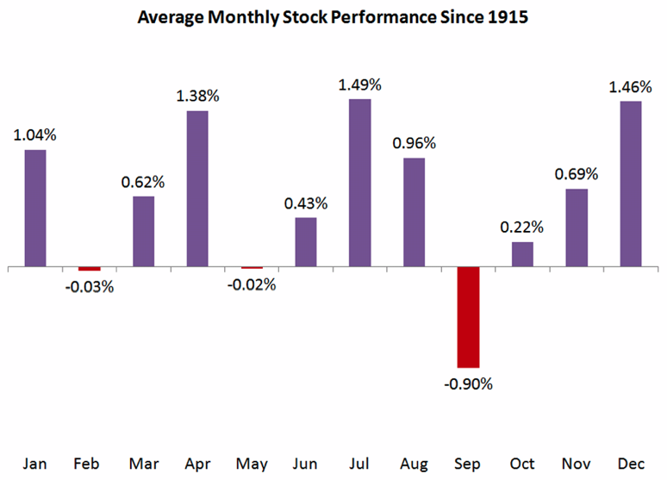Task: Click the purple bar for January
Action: pos(34,208)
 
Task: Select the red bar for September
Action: pos(468,317)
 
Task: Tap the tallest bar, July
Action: pos(359,183)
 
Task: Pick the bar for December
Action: pos(630,184)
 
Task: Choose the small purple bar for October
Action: pos(522,254)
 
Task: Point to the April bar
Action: pos(197,189)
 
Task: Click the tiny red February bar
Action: pos(90,269)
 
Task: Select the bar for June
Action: pos(305,242)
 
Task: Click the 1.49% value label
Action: pos(360,84)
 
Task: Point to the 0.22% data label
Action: pos(522,228)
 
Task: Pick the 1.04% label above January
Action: pos(34,134)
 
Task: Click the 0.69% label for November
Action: pos(576,174)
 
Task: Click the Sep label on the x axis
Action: pos(469,464)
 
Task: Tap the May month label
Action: pos(252,464)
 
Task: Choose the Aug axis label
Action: pos(414,464)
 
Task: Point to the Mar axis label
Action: pos(144,464)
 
